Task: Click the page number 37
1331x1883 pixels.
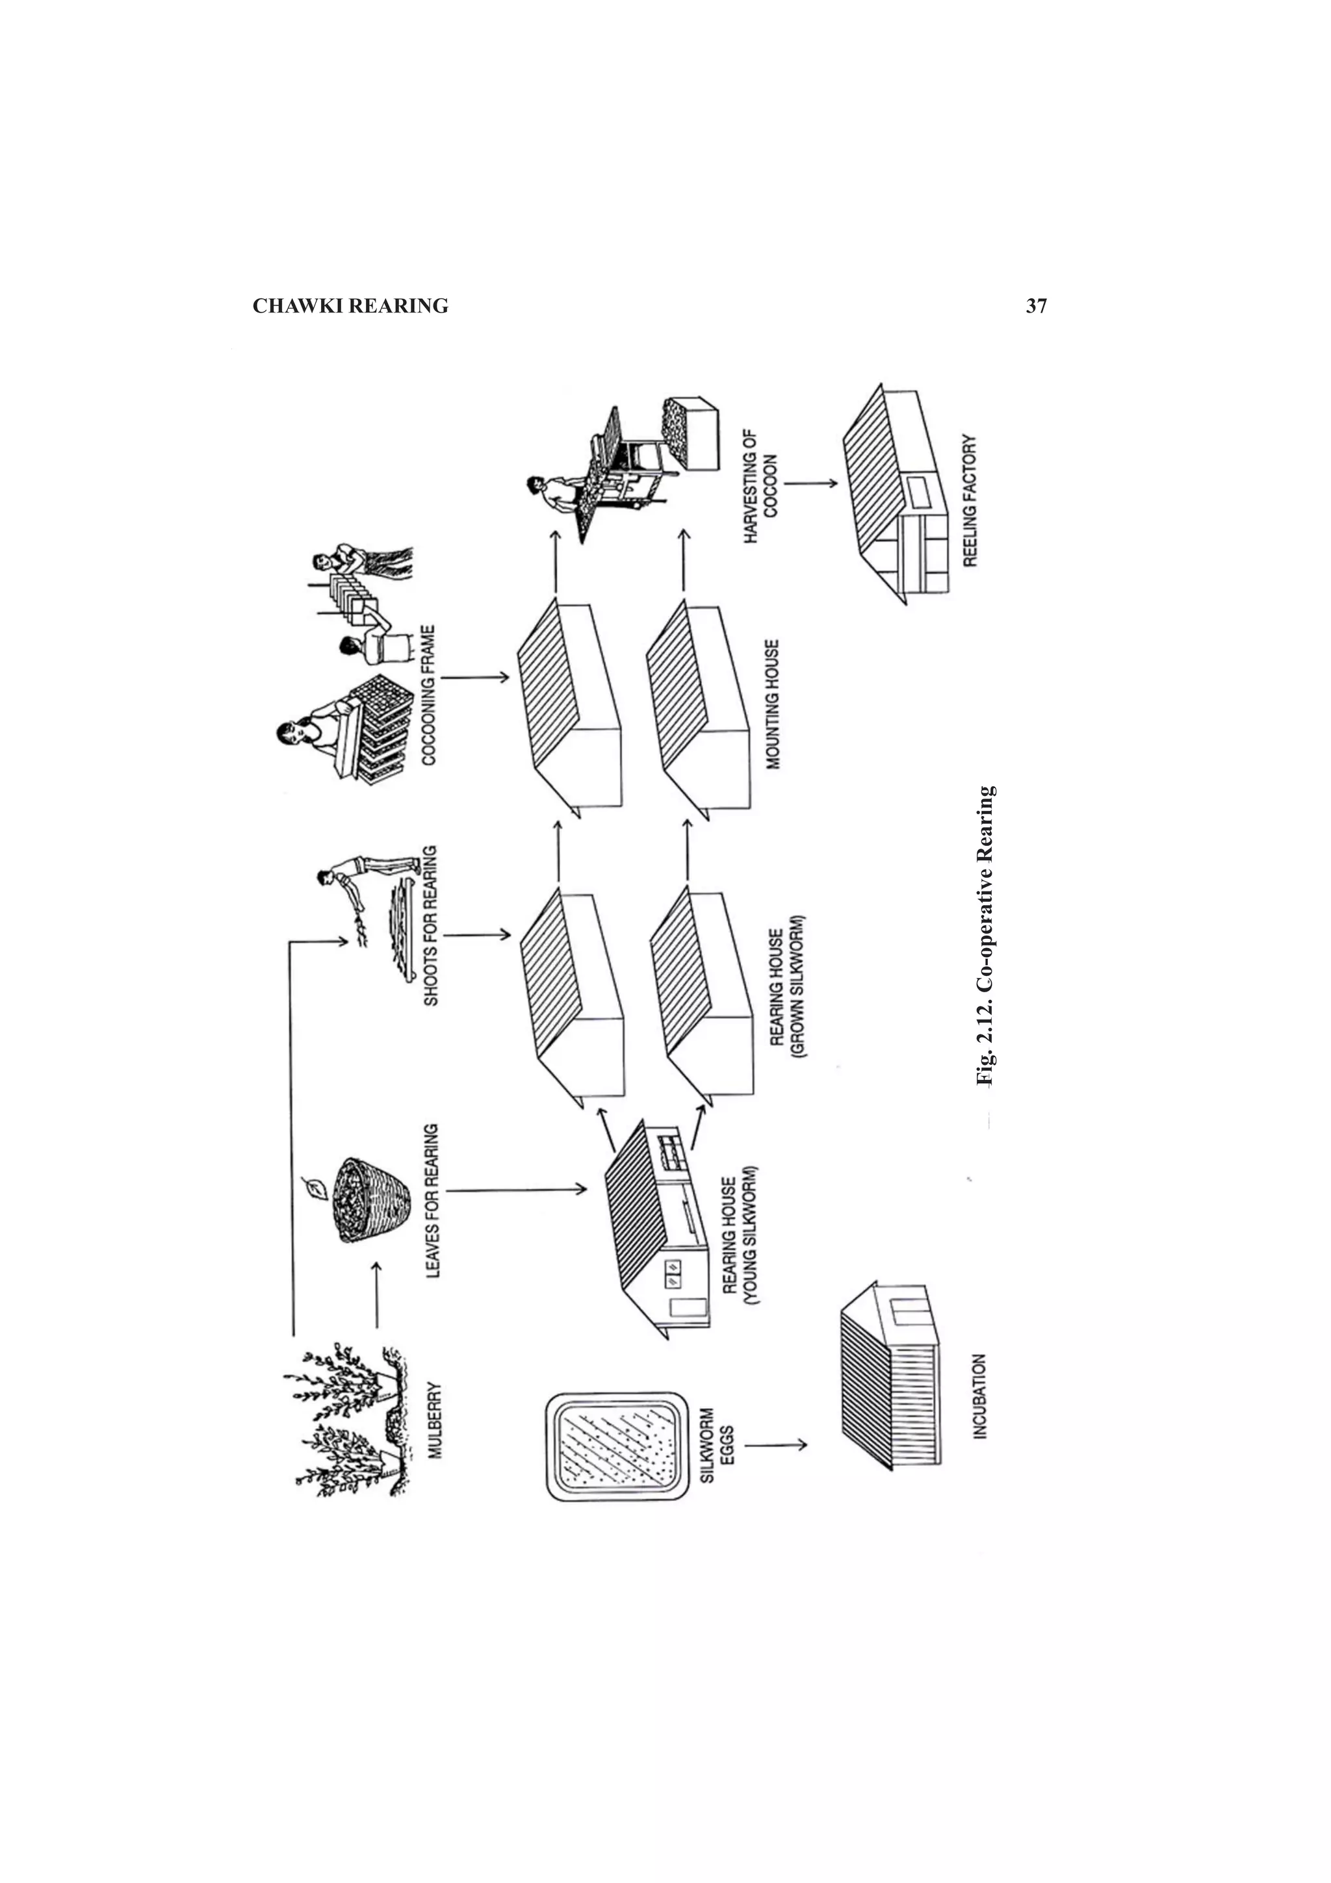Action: coord(1036,307)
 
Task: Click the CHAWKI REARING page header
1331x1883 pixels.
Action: coord(350,307)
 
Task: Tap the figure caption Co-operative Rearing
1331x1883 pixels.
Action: coord(986,936)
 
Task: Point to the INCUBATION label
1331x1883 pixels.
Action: coord(980,1395)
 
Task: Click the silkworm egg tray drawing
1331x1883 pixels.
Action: coord(616,1446)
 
